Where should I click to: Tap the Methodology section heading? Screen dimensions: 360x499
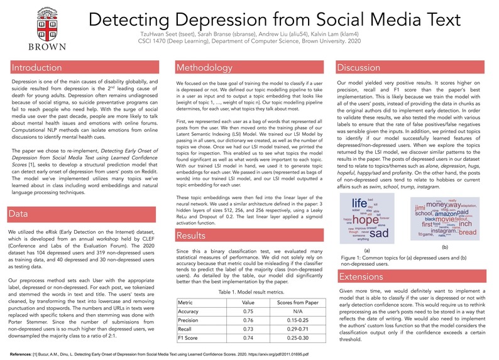(205, 68)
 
